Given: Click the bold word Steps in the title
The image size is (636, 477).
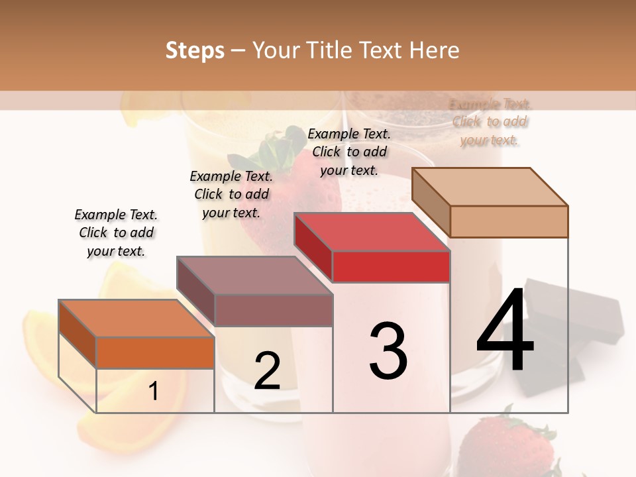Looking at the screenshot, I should point(195,50).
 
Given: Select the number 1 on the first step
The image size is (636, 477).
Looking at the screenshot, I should point(153,392).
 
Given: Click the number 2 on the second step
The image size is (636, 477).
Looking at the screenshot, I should point(267,371).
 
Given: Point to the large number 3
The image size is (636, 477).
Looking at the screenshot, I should point(388,351).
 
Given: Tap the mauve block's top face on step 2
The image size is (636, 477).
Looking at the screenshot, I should point(254,275).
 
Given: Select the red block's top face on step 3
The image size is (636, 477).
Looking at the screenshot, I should point(371,232).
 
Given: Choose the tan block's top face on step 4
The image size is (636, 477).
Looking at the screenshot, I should point(490,186).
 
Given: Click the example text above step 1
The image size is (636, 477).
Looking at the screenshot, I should point(117,233).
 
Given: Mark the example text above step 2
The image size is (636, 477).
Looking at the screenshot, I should point(231,194).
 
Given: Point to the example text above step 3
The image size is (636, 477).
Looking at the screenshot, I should point(349,152).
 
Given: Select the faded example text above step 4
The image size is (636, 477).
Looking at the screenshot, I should point(490,122).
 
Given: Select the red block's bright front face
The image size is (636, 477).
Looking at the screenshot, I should point(391,267).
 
